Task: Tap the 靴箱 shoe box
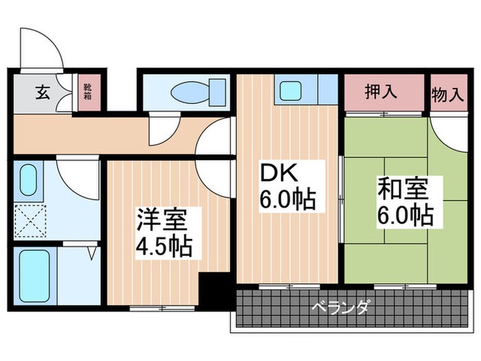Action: point(88,93)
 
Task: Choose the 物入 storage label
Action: point(447,94)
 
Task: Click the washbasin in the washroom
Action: point(29,180)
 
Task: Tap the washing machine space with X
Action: point(30,221)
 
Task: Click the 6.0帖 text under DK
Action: point(287,200)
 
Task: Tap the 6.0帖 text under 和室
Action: point(405,215)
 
